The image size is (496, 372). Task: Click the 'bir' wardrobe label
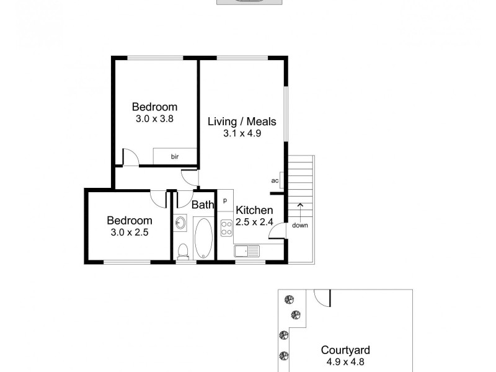(x=175, y=157)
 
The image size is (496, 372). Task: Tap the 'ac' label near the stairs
(x=275, y=181)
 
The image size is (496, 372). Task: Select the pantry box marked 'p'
(x=224, y=200)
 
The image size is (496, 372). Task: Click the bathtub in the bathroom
(x=203, y=238)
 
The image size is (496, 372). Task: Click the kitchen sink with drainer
(x=249, y=251)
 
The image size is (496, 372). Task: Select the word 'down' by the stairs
(x=300, y=225)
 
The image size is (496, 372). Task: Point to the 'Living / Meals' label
(x=241, y=122)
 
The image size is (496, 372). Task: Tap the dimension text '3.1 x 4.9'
(x=241, y=133)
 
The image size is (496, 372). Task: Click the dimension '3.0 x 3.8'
(x=154, y=118)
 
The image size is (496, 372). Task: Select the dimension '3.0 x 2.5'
(x=129, y=232)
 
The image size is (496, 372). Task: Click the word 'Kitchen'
(x=254, y=210)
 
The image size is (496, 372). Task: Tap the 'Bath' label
(x=202, y=205)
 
